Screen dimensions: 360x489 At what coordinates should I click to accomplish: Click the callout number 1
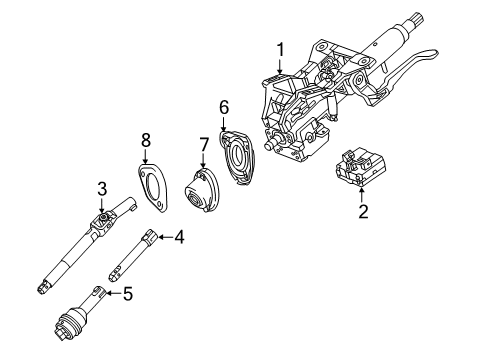(281, 48)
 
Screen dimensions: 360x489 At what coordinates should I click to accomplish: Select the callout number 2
(364, 211)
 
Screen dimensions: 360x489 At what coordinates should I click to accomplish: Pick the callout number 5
(126, 293)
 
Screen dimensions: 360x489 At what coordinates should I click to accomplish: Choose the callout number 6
(224, 105)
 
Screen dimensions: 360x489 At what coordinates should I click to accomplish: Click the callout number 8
(146, 140)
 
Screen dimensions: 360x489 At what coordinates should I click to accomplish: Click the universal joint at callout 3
(103, 219)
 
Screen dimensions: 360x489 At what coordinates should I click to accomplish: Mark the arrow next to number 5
(112, 293)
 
